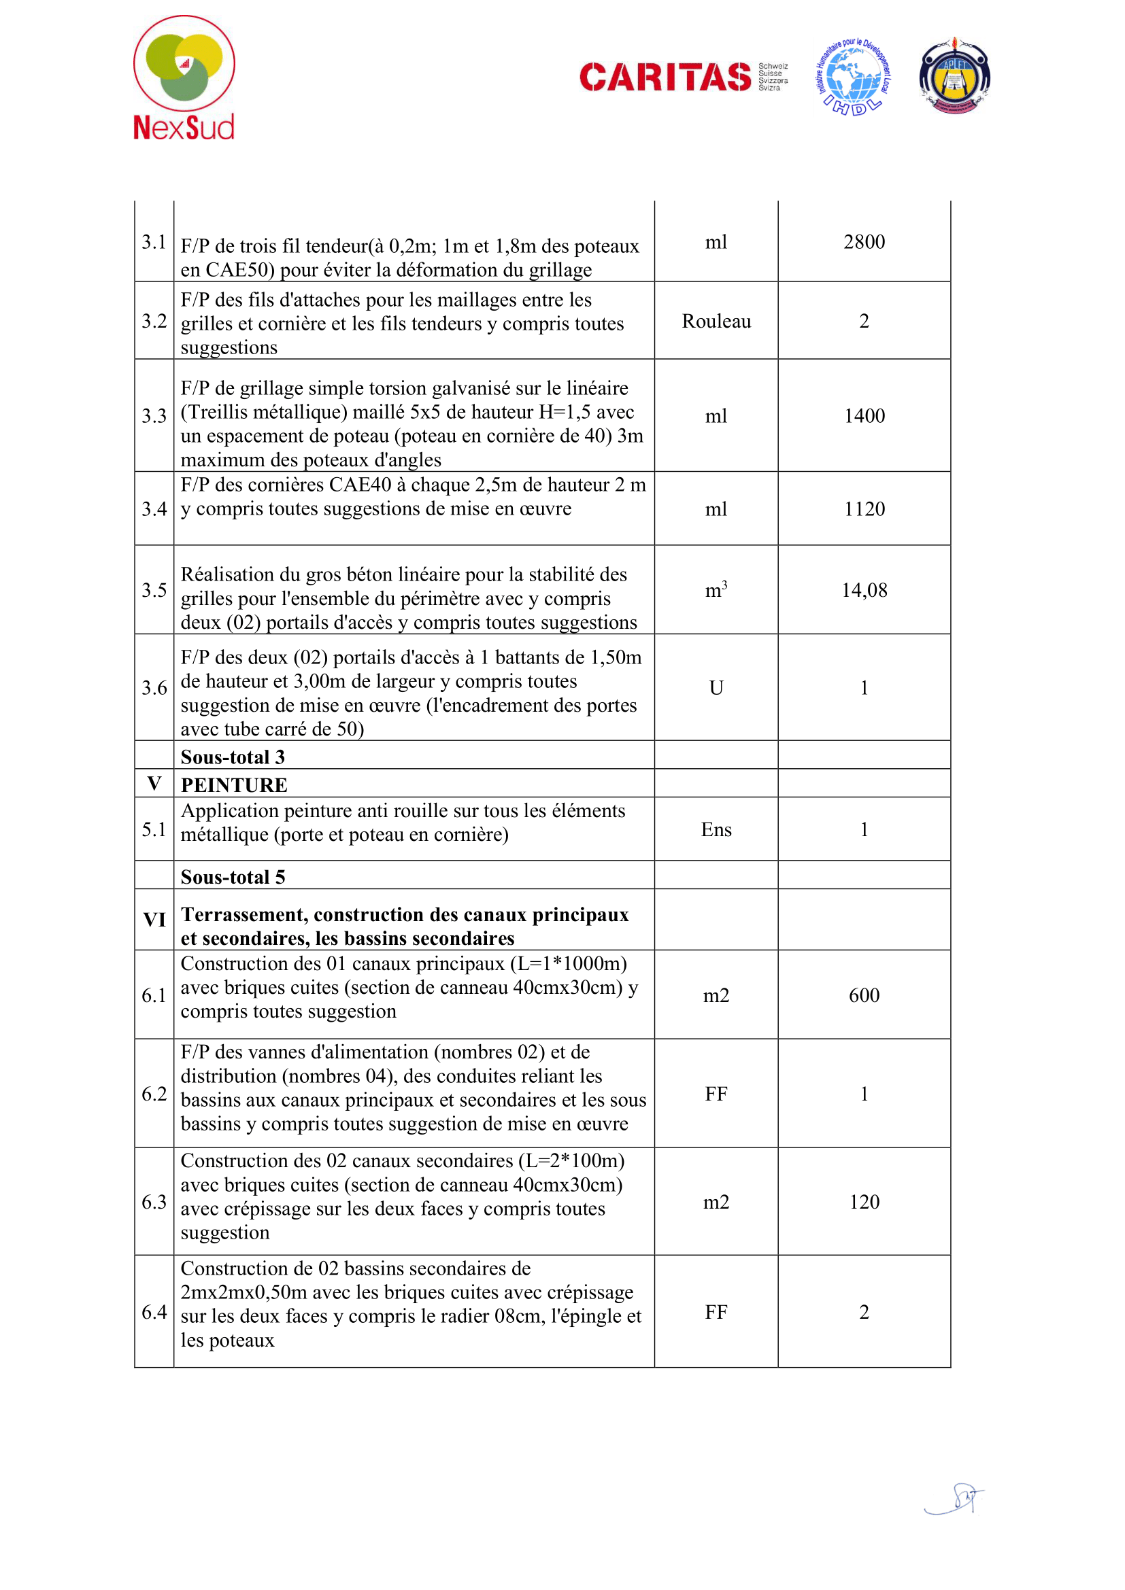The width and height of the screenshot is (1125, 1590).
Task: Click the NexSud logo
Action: tap(184, 77)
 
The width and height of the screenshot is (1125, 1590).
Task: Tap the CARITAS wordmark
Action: tap(665, 77)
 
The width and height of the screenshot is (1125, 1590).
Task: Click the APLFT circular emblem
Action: tap(954, 77)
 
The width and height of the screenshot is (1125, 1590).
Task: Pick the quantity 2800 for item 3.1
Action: tap(864, 242)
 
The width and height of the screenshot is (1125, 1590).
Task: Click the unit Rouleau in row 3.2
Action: tap(716, 322)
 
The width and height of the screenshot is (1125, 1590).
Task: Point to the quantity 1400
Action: tap(864, 415)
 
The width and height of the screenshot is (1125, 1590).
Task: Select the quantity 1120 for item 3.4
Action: tap(864, 509)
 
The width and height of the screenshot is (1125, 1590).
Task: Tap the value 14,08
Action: tap(864, 590)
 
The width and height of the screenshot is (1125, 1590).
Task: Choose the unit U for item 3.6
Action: tap(716, 688)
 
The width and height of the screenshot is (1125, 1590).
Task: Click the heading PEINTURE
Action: tap(234, 784)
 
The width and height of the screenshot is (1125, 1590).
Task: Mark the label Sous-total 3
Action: tap(233, 757)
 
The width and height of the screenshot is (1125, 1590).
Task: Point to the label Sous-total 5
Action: tap(233, 877)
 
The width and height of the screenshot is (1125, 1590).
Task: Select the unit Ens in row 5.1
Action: tap(716, 829)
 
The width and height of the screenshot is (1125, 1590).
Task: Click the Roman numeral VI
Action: tap(154, 920)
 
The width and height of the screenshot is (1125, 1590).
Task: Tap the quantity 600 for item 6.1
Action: tap(864, 995)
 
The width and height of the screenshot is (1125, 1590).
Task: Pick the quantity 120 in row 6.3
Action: tap(864, 1201)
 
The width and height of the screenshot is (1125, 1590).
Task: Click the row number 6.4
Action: tap(154, 1311)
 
